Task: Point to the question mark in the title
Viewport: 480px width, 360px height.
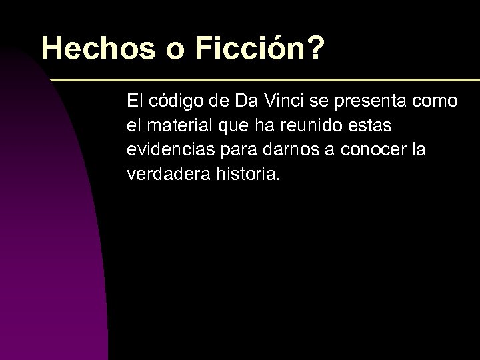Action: (313, 48)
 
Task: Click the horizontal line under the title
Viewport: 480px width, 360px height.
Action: (267, 80)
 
